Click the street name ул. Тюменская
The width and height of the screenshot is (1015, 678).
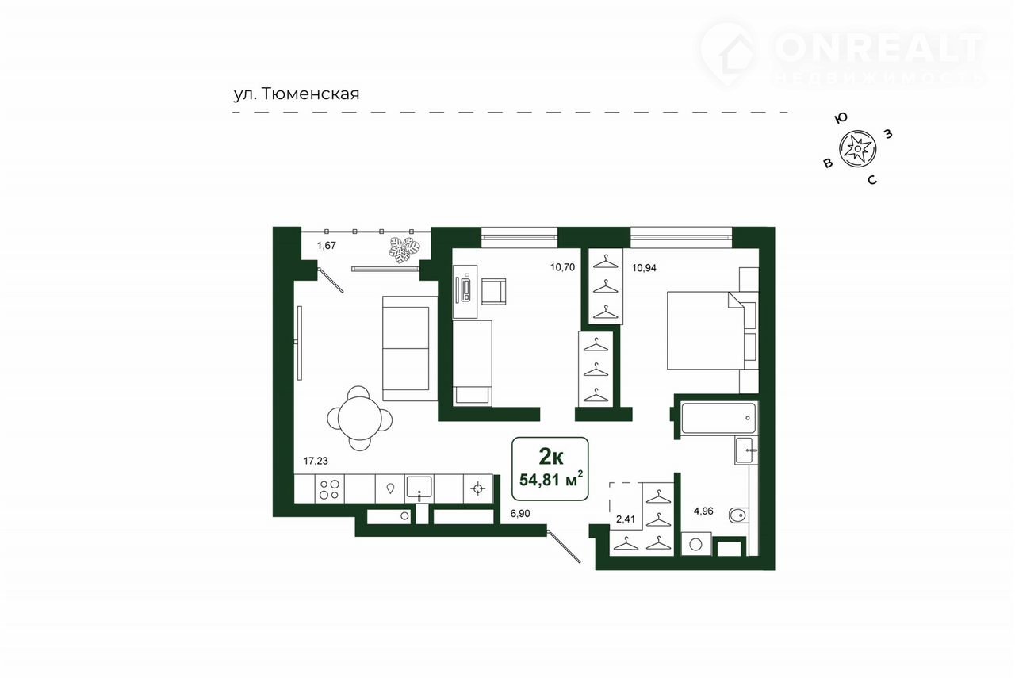[297, 94]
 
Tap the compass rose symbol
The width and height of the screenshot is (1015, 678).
[857, 148]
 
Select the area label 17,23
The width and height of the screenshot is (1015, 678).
[316, 461]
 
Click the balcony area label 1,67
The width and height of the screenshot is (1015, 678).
[326, 246]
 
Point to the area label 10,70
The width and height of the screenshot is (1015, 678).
[562, 267]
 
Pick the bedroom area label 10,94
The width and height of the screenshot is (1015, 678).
[644, 268]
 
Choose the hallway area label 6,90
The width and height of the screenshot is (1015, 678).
[520, 514]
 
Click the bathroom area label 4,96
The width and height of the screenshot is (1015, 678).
[703, 511]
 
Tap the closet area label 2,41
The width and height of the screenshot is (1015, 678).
[626, 519]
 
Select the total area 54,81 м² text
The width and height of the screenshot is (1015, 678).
[550, 479]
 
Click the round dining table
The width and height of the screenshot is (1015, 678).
[360, 418]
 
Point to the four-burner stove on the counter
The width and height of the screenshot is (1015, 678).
[329, 489]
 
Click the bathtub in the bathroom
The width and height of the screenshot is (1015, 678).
[718, 418]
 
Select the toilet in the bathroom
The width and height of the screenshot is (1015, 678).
[738, 515]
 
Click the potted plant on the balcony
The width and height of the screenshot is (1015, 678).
[404, 250]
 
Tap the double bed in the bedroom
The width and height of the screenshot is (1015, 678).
[706, 331]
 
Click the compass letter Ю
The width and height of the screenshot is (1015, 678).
[841, 118]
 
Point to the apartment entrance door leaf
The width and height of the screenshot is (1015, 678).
[564, 547]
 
